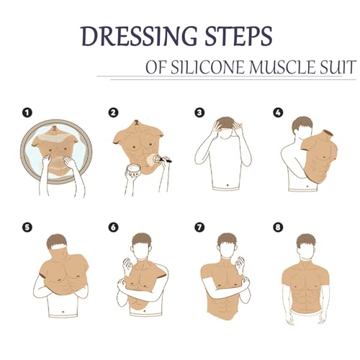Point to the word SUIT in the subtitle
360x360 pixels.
335,68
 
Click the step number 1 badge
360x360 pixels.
27,112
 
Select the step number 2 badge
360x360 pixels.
114,112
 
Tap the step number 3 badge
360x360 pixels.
199,112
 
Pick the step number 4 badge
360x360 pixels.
277,112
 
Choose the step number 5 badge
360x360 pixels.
27,228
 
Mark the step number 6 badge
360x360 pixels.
114,228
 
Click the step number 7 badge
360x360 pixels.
199,228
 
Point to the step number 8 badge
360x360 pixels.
277,228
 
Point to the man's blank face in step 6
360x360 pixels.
142,249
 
